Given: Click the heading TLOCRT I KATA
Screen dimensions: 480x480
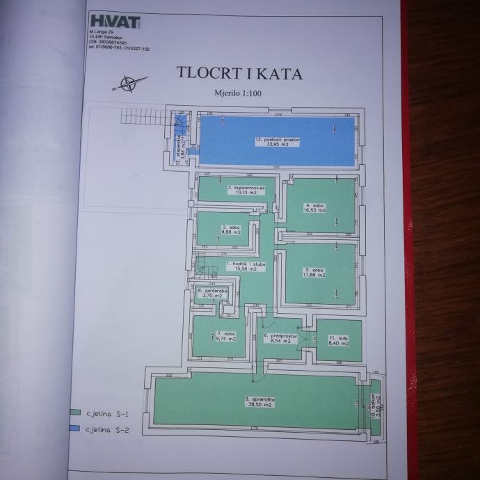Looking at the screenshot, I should point(234,72).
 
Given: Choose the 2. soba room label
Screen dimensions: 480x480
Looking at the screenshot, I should point(231,230).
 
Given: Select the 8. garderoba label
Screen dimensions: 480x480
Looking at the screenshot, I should point(210,293).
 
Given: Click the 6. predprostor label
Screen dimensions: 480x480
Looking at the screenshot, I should point(280,340).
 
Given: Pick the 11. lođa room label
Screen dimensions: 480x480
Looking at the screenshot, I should point(339,339).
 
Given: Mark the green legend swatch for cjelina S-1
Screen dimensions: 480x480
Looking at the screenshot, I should point(74,413).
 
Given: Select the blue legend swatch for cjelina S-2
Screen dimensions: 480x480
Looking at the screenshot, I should point(74,429).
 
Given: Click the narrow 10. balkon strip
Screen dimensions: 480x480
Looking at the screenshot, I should point(375,410).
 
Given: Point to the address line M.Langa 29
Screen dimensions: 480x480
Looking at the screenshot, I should point(102,33).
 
